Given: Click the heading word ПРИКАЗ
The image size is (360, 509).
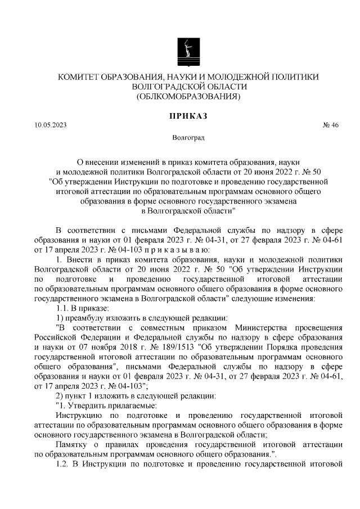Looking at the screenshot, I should point(188,116).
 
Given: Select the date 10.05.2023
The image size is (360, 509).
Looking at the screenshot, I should point(49,125).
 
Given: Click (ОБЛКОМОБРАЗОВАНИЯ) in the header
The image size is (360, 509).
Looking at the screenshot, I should point(188,97).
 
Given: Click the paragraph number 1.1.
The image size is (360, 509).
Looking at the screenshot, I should point(62,308).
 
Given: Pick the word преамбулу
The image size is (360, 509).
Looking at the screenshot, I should point(85,318).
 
